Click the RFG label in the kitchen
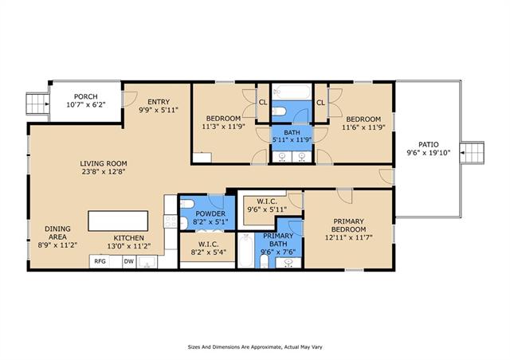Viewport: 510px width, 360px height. [100, 261]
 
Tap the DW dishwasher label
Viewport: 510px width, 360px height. [129, 261]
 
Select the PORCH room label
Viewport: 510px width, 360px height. [86, 96]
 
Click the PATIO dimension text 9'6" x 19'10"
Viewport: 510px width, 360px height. [429, 152]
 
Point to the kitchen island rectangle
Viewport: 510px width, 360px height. [118, 221]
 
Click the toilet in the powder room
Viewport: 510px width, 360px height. [186, 204]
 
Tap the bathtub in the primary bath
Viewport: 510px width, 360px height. [246, 250]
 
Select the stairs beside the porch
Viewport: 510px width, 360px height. [37, 104]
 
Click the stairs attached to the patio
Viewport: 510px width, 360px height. [472, 152]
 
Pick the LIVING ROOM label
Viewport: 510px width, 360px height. [104, 163]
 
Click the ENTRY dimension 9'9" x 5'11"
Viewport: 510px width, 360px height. [159, 110]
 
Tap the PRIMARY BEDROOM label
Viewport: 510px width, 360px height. [349, 225]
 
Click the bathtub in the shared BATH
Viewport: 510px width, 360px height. [292, 92]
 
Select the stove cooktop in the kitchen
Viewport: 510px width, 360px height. [170, 221]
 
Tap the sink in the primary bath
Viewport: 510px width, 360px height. [288, 262]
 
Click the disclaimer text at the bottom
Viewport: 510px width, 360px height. [255, 347]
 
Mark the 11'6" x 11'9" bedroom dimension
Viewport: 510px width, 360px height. [363, 127]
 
